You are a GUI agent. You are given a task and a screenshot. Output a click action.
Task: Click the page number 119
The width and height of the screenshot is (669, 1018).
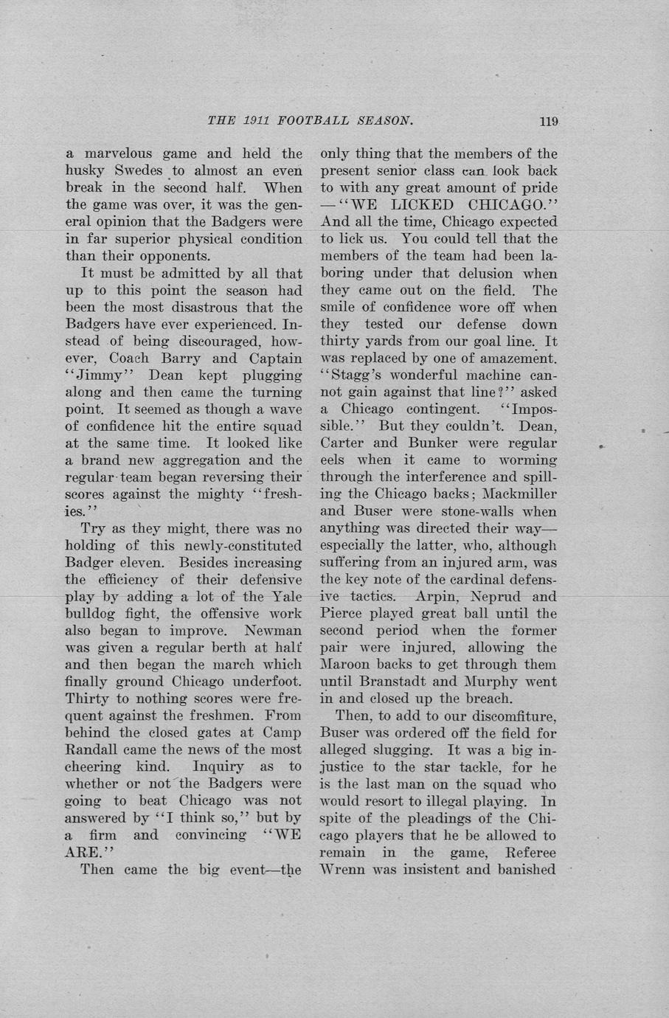549,122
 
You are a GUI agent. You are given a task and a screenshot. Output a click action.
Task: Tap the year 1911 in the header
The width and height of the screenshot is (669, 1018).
256,121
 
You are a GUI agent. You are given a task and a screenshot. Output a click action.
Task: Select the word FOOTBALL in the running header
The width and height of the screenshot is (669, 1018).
313,121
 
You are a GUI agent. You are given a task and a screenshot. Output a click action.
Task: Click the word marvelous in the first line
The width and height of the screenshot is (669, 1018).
118,154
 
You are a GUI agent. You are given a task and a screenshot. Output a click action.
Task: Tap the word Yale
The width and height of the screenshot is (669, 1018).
287,597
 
